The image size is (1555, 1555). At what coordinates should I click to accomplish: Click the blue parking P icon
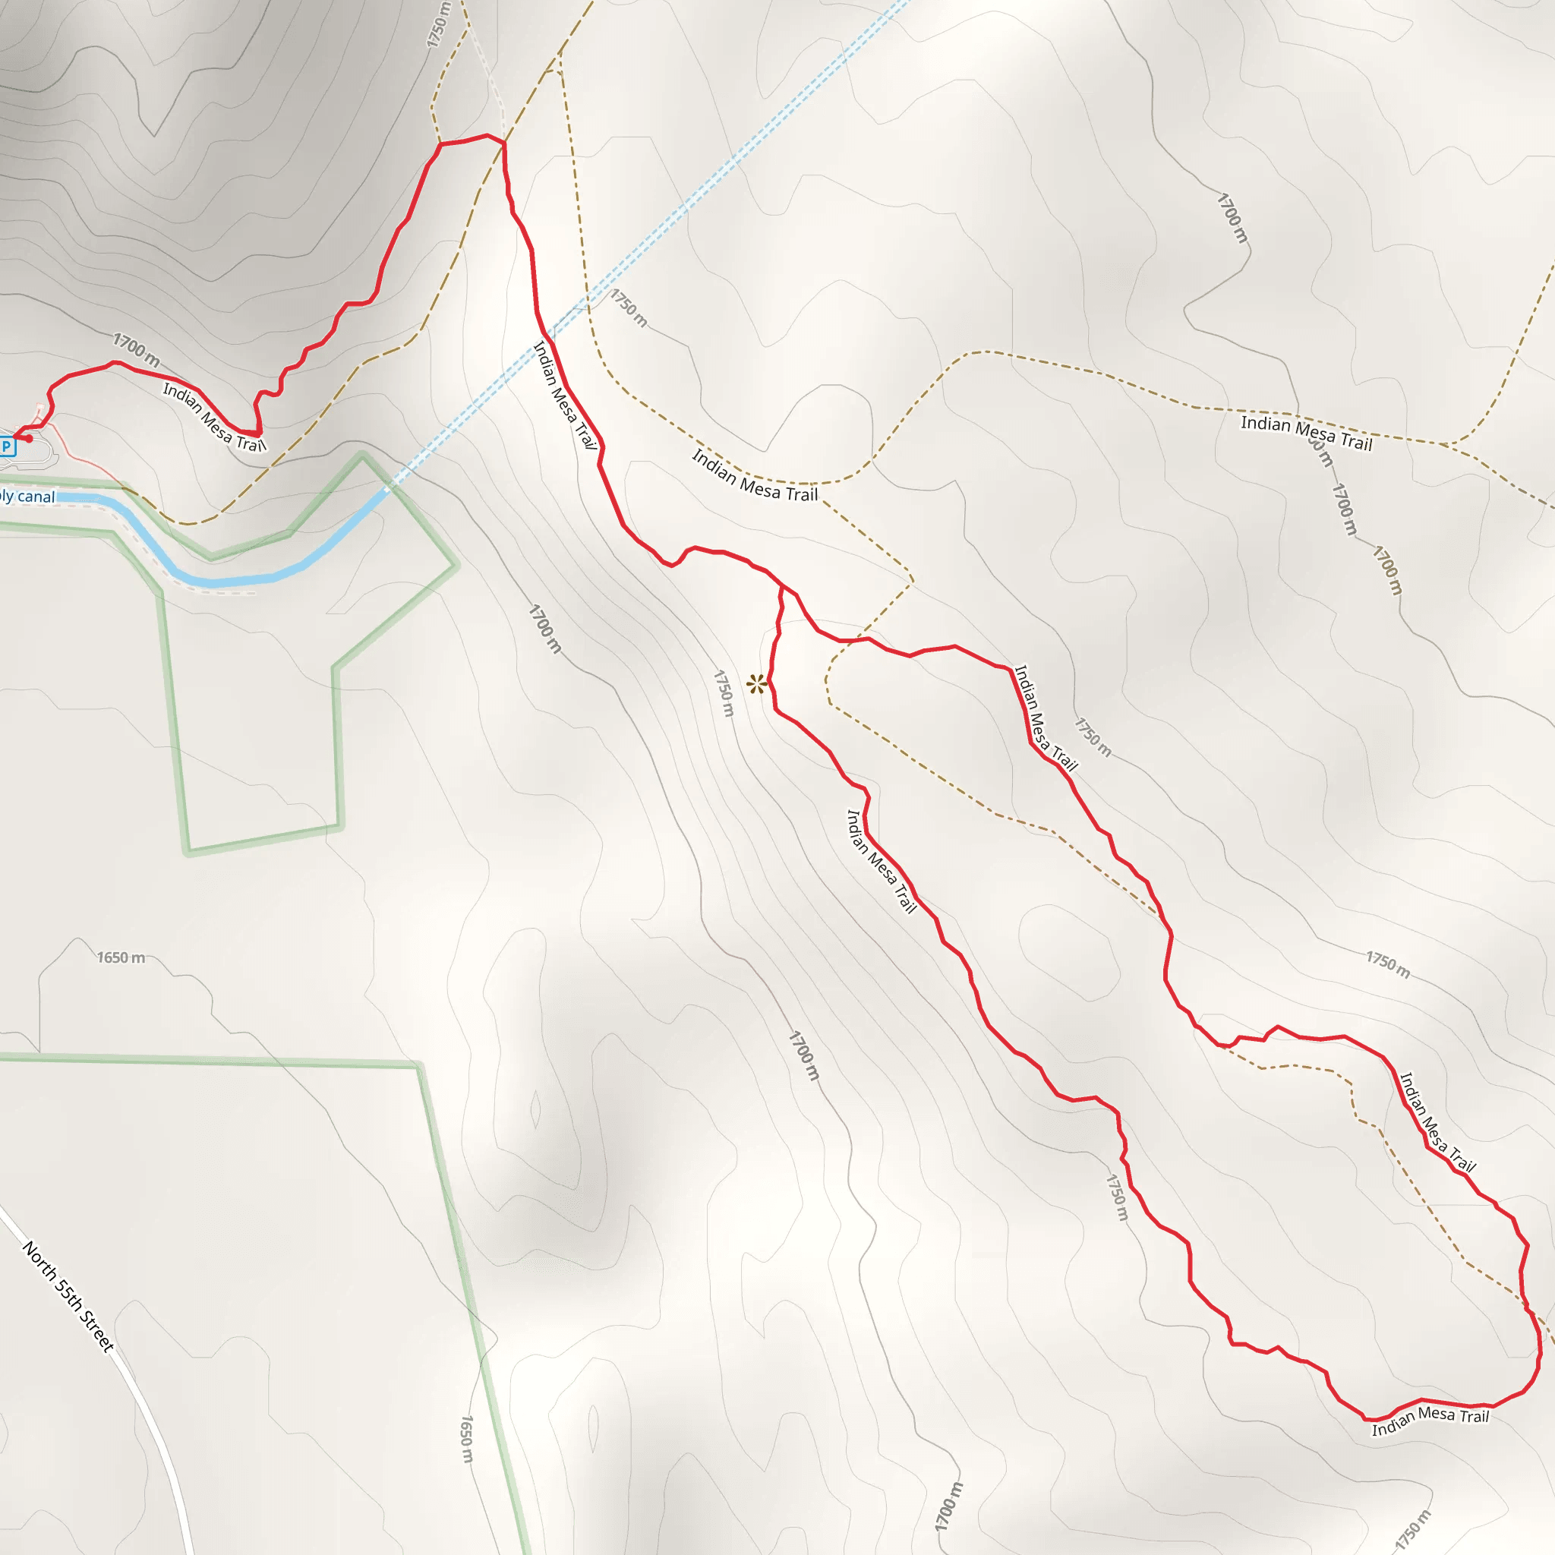click(6, 446)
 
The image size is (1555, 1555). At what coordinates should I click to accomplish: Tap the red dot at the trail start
click(29, 439)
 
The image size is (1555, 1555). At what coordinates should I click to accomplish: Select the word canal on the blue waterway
click(36, 497)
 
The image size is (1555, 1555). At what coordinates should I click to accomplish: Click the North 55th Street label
click(68, 1296)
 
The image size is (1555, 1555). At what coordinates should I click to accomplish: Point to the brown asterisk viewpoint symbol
click(755, 685)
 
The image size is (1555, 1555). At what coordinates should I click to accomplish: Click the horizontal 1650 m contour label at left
click(121, 957)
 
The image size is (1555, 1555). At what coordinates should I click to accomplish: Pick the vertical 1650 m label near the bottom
click(466, 1439)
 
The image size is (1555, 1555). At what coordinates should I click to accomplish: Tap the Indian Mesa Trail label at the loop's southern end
click(1430, 1421)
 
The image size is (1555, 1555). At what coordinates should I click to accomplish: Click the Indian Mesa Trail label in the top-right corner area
click(1305, 432)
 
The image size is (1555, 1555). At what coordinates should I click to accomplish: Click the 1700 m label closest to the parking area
click(135, 349)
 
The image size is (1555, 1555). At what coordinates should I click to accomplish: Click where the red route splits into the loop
click(781, 587)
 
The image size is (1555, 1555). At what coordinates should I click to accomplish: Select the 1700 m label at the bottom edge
click(948, 1506)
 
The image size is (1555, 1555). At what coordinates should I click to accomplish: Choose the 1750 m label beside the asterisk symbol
click(724, 693)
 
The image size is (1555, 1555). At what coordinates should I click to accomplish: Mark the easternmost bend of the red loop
click(1540, 1352)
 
